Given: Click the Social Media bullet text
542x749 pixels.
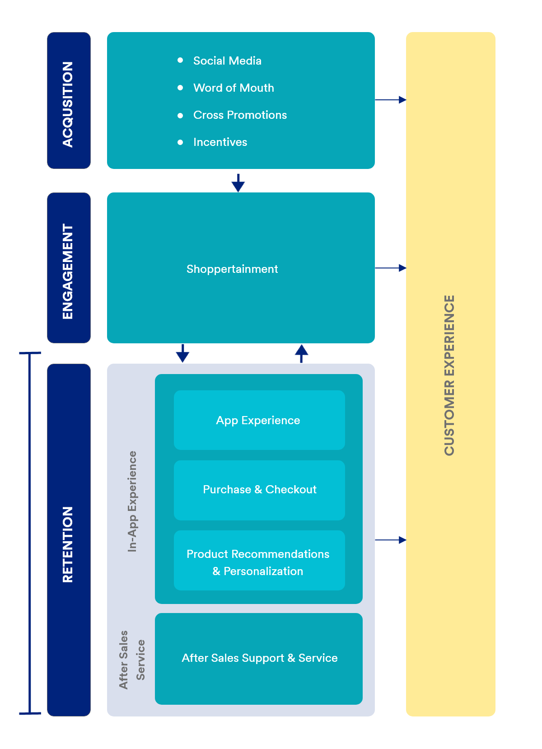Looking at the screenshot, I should click(x=227, y=61).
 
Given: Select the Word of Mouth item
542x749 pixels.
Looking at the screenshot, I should click(x=234, y=88).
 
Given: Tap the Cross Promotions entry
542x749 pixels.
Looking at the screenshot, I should click(x=240, y=115).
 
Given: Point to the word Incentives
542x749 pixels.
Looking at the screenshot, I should click(x=220, y=142).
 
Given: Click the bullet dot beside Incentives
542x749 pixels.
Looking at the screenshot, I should click(x=180, y=142).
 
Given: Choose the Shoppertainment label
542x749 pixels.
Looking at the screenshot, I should click(x=232, y=269).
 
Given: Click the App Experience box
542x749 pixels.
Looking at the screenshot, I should click(x=259, y=420).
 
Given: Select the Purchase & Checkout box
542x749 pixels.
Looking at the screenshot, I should click(x=259, y=490).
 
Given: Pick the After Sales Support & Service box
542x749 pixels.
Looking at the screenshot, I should click(x=259, y=658).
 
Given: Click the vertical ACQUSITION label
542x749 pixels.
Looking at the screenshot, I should click(x=68, y=104).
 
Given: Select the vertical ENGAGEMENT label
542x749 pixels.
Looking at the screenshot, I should click(x=68, y=271).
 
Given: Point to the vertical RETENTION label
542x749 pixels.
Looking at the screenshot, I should click(x=68, y=544).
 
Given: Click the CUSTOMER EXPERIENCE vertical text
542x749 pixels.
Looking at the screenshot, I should click(x=449, y=375).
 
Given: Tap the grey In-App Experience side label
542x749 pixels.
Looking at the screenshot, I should click(x=132, y=501).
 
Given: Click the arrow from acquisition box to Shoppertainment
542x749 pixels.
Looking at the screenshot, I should click(x=238, y=183).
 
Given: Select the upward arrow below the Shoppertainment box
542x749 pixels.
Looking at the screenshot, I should click(x=301, y=353).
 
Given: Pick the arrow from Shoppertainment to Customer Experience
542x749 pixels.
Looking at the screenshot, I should click(x=391, y=268).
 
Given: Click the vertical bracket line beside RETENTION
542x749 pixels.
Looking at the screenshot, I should click(x=30, y=533).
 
